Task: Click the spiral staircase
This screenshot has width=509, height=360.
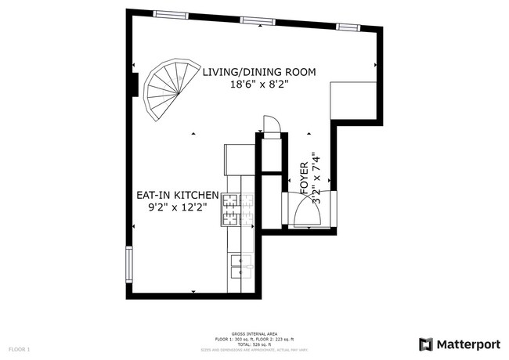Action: [167, 89]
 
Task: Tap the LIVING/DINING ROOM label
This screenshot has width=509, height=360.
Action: [259, 72]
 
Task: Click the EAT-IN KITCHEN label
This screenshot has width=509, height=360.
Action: [177, 194]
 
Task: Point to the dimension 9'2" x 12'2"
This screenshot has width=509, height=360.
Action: [176, 207]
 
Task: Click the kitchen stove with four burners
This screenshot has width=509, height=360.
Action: [232, 209]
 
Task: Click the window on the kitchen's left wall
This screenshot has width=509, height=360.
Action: [128, 266]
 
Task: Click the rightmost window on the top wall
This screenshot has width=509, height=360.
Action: [346, 27]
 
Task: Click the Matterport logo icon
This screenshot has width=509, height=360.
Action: [425, 344]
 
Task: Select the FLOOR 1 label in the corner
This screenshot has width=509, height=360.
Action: [19, 348]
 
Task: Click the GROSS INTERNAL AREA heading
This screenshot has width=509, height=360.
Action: [254, 333]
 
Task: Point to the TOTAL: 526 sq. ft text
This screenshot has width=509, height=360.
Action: [254, 344]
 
